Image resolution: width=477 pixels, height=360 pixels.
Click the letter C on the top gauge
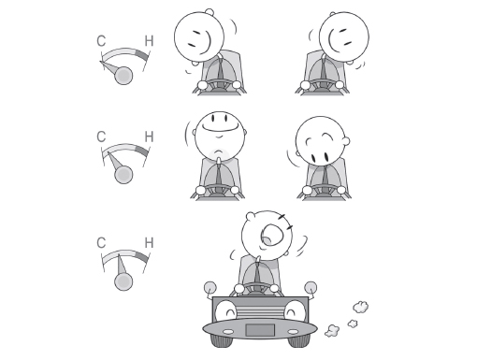tap(101, 41)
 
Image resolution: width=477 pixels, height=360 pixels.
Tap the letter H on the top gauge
tap(150, 41)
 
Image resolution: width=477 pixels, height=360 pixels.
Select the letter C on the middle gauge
tap(101, 137)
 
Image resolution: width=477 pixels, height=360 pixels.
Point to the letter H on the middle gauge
tap(150, 137)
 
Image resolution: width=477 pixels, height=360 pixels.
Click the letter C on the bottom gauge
tap(101, 243)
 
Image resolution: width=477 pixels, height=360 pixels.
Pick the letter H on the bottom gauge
tap(150, 243)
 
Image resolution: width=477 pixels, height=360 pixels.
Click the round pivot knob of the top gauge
tap(123, 76)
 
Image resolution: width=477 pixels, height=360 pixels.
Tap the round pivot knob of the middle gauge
tap(123, 175)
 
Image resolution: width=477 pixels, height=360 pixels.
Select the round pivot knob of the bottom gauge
tap(123, 281)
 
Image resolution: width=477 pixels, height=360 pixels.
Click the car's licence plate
tap(260, 330)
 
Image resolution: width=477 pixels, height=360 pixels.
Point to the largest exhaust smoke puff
tap(361, 307)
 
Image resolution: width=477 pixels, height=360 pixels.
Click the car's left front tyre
tap(222, 340)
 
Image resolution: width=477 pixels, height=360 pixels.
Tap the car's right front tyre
tap(298, 340)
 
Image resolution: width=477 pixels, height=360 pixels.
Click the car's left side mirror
tap(210, 288)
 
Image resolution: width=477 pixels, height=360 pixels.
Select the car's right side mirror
tap(311, 288)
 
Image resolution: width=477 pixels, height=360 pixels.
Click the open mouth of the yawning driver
tap(272, 236)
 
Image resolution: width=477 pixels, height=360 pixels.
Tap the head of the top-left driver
tap(199, 36)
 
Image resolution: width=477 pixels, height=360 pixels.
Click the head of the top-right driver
tap(344, 36)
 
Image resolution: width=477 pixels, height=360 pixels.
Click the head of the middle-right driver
tap(321, 141)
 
